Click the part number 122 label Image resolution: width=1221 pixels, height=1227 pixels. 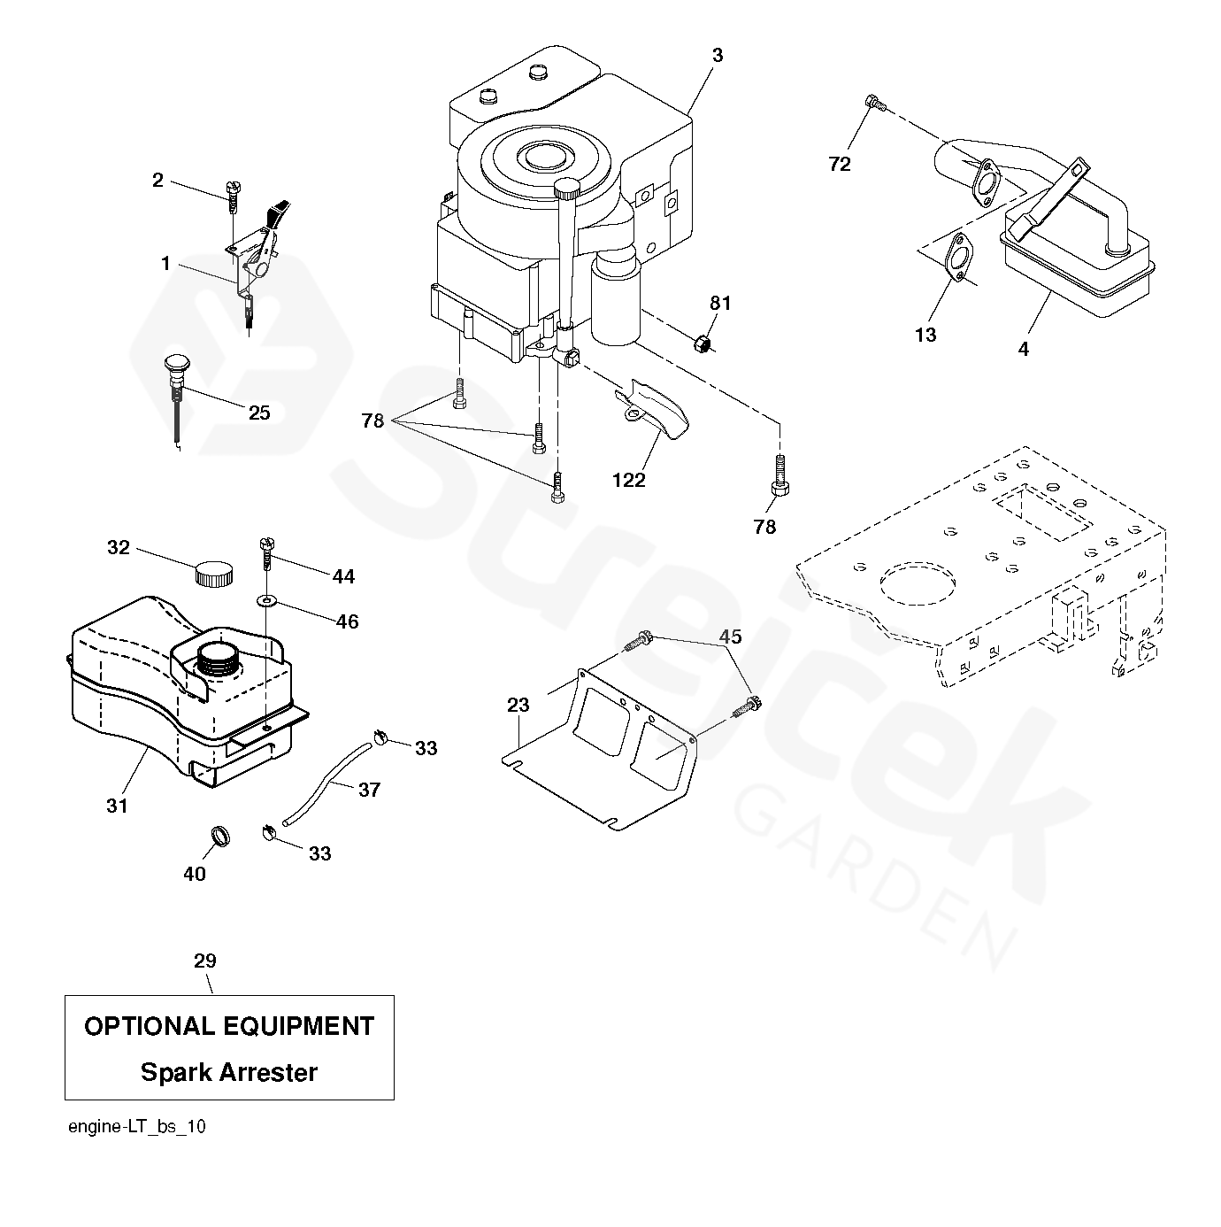[x=628, y=480]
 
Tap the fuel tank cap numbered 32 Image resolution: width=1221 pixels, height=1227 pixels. [x=213, y=574]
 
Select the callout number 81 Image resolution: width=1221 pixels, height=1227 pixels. [x=721, y=304]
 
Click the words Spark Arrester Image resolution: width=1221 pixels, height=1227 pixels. [x=229, y=1072]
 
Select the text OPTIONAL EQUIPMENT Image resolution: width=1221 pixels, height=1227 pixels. [x=229, y=1026]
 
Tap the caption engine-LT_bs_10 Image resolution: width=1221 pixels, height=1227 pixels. [x=137, y=1126]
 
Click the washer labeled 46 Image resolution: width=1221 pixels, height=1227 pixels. [x=266, y=602]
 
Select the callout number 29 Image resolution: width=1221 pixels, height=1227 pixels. [x=205, y=961]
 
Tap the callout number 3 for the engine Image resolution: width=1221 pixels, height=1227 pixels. [x=718, y=55]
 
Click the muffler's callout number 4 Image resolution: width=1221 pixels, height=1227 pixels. [x=1024, y=349]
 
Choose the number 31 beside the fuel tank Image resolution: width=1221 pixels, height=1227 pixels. [x=117, y=806]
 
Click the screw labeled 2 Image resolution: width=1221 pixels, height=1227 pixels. [x=234, y=195]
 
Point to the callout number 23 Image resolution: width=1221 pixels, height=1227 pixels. [x=518, y=705]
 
